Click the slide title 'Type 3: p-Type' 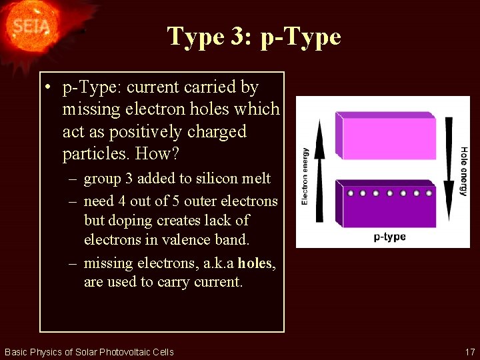254,36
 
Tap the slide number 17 469,351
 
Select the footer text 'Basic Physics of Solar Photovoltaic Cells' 89,351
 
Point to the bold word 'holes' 254,263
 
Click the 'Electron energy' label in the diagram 305,176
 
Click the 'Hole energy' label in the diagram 463,171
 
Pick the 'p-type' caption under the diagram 389,237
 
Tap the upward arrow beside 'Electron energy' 320,170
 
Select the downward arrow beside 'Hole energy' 448,170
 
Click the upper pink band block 387,137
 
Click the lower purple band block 387,207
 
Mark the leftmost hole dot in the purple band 349,193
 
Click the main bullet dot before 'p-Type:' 49,87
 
